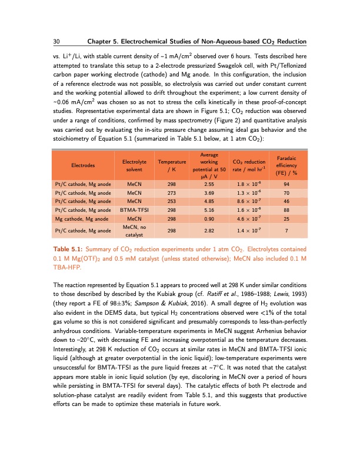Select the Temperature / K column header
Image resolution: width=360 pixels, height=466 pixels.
click(x=170, y=165)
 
